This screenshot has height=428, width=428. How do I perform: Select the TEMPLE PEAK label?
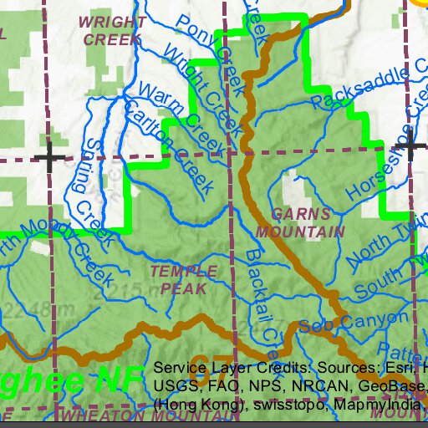(x=184, y=279)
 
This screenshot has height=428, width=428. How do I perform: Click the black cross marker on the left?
(x=49, y=156)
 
